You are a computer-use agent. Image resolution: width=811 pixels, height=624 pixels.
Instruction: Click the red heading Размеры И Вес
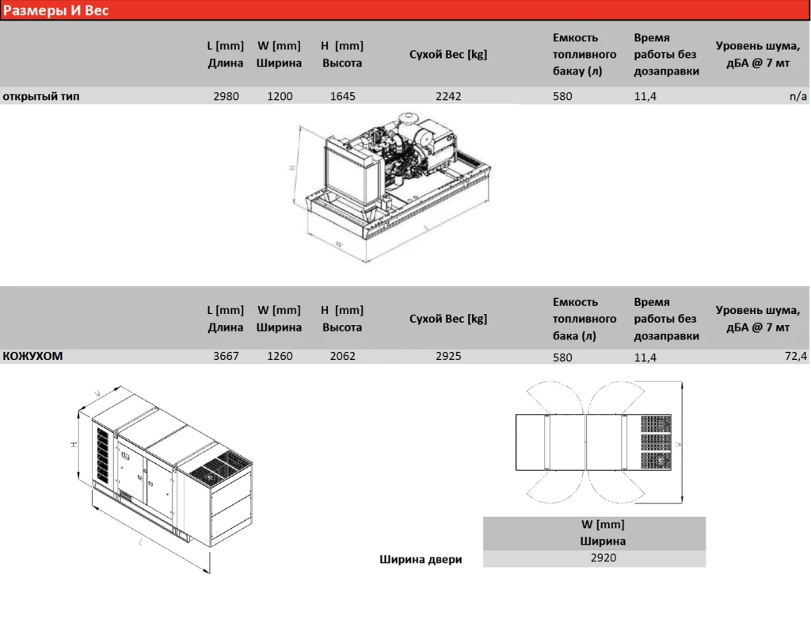(x=56, y=10)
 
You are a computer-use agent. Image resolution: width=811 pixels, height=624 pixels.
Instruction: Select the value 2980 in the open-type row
(x=226, y=96)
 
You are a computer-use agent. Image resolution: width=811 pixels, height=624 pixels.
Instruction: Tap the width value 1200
(x=280, y=96)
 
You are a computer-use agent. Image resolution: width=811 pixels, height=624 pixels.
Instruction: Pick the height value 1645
(x=342, y=96)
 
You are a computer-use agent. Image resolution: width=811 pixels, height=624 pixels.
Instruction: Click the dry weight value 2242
(x=448, y=96)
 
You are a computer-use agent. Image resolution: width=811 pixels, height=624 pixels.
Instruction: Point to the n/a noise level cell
(x=798, y=96)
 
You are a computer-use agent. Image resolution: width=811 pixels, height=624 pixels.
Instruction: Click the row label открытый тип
(x=41, y=96)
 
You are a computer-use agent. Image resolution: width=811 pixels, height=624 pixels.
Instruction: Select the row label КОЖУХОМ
(x=32, y=356)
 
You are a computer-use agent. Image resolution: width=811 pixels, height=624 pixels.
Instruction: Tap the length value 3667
(x=226, y=356)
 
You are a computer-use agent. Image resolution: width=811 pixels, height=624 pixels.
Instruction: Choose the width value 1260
(x=280, y=356)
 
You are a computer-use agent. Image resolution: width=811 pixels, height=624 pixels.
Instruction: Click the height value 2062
(x=342, y=356)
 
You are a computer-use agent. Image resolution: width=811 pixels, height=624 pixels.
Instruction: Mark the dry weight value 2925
(x=448, y=356)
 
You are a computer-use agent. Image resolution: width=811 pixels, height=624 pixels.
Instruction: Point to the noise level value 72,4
(x=795, y=356)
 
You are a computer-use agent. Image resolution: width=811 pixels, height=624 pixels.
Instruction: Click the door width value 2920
(x=603, y=557)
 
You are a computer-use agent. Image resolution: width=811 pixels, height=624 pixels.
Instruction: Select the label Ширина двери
(x=421, y=559)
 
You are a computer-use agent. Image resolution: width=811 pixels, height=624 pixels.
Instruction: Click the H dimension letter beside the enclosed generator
(x=74, y=444)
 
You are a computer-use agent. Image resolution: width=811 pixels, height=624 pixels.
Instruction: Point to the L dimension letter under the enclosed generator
(x=141, y=542)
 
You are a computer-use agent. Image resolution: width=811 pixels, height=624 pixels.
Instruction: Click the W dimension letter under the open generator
(x=339, y=244)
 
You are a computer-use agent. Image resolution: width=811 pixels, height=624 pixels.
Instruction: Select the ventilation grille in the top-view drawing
(x=656, y=442)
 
